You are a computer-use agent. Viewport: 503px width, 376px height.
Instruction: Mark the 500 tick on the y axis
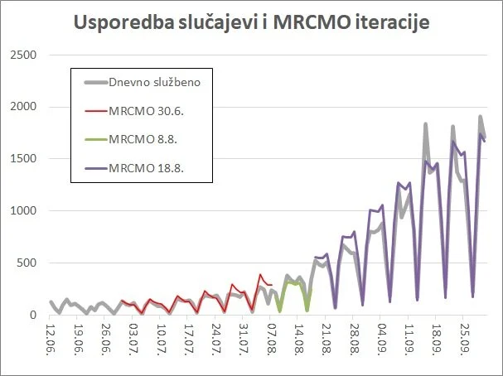coord(28,263)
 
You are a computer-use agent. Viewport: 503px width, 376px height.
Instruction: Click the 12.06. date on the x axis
coord(51,338)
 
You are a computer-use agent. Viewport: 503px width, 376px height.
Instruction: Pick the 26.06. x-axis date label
coord(106,338)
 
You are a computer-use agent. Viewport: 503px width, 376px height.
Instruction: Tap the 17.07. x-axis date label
coord(189,338)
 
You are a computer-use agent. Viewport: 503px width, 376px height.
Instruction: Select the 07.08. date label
coord(272,338)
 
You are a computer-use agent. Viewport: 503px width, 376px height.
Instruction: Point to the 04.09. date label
coord(382,338)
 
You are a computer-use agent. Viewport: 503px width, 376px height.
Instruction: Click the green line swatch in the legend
coord(98,139)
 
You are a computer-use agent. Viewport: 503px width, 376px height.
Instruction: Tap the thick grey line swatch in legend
coord(98,81)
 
